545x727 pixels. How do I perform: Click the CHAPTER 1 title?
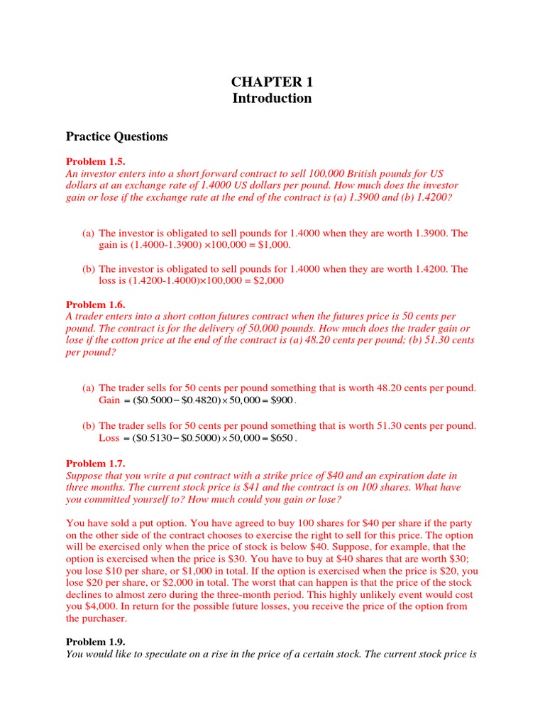(x=272, y=82)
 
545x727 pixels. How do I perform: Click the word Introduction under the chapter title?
(x=272, y=98)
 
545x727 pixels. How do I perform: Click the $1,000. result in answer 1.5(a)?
(x=272, y=244)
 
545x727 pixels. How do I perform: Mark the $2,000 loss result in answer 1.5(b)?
(x=267, y=280)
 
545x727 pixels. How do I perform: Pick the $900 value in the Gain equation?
(x=282, y=400)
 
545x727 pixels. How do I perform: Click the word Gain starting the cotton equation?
(x=109, y=400)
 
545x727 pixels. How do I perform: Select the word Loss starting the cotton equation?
(x=109, y=438)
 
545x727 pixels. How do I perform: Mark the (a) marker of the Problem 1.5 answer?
(x=89, y=233)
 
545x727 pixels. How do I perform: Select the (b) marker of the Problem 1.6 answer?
(x=89, y=426)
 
